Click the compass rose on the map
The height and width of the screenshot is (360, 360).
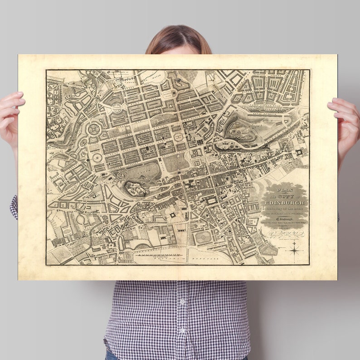[296, 248]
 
